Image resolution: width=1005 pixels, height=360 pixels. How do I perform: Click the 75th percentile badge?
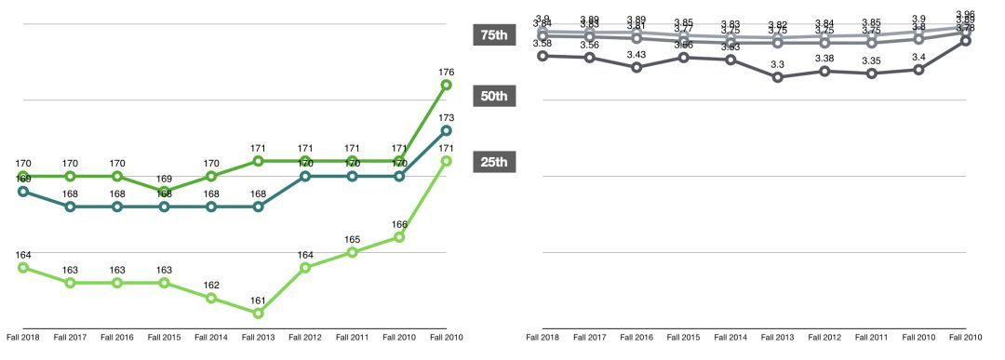[493, 35]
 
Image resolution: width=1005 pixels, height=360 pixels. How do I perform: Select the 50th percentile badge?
[493, 97]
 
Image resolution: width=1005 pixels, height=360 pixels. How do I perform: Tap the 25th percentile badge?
[493, 163]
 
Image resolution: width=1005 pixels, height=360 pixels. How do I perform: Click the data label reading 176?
[446, 71]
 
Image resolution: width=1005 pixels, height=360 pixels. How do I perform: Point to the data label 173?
[446, 117]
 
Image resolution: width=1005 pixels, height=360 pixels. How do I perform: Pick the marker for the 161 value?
[259, 313]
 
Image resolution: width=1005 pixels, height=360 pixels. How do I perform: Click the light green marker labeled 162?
[211, 299]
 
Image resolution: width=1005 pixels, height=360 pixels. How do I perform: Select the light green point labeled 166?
[399, 237]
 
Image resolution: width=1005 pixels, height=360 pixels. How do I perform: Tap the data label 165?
[353, 239]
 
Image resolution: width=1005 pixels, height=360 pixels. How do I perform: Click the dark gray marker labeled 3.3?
[777, 77]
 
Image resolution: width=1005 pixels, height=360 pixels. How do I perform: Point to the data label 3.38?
[824, 59]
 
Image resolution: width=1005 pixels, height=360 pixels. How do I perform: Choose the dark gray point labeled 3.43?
[636, 67]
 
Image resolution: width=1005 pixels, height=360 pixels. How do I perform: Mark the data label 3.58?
[543, 43]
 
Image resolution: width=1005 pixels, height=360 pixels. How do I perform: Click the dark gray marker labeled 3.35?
[871, 73]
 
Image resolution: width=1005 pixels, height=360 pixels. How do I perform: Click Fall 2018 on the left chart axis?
[23, 337]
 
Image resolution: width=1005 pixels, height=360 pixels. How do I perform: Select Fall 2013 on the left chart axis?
[259, 337]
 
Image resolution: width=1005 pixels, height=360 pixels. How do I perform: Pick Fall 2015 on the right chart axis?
[683, 337]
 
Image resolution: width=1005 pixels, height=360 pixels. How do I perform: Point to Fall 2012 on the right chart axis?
[824, 337]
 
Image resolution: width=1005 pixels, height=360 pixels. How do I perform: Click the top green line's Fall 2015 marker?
[165, 191]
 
